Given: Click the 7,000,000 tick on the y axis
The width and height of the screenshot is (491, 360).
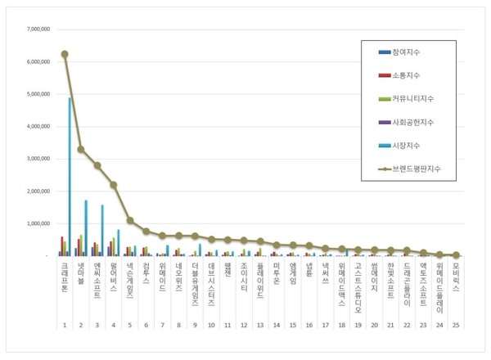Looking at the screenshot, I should click(37, 29).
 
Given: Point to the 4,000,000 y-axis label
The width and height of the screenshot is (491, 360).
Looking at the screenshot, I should click(37, 127).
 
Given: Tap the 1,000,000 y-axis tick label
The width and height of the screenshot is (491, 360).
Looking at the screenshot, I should click(37, 223).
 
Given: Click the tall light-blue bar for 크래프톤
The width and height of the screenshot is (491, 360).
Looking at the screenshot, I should click(70, 176).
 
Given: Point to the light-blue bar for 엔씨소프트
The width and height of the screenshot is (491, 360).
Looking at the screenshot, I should click(103, 230).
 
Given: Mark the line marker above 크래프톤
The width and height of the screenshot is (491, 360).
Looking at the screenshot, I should click(65, 54).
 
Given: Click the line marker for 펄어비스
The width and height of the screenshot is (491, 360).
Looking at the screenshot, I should click(114, 185).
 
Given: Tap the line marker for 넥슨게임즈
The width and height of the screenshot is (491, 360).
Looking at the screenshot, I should click(130, 220).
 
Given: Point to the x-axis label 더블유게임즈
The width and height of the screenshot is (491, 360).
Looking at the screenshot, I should click(196, 284).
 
